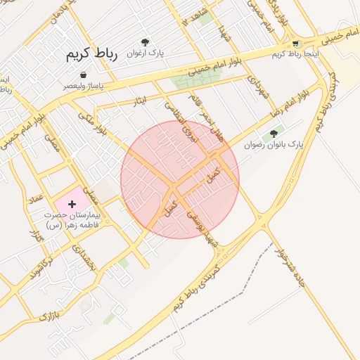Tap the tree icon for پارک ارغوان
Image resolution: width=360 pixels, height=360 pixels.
146,42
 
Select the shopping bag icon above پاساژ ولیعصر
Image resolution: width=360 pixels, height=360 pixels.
84,75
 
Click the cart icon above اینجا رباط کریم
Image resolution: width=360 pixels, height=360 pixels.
295,43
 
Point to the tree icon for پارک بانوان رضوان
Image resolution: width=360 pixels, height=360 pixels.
274,134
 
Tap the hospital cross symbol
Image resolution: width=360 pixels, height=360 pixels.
72,204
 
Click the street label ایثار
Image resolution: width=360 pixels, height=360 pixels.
141,101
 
